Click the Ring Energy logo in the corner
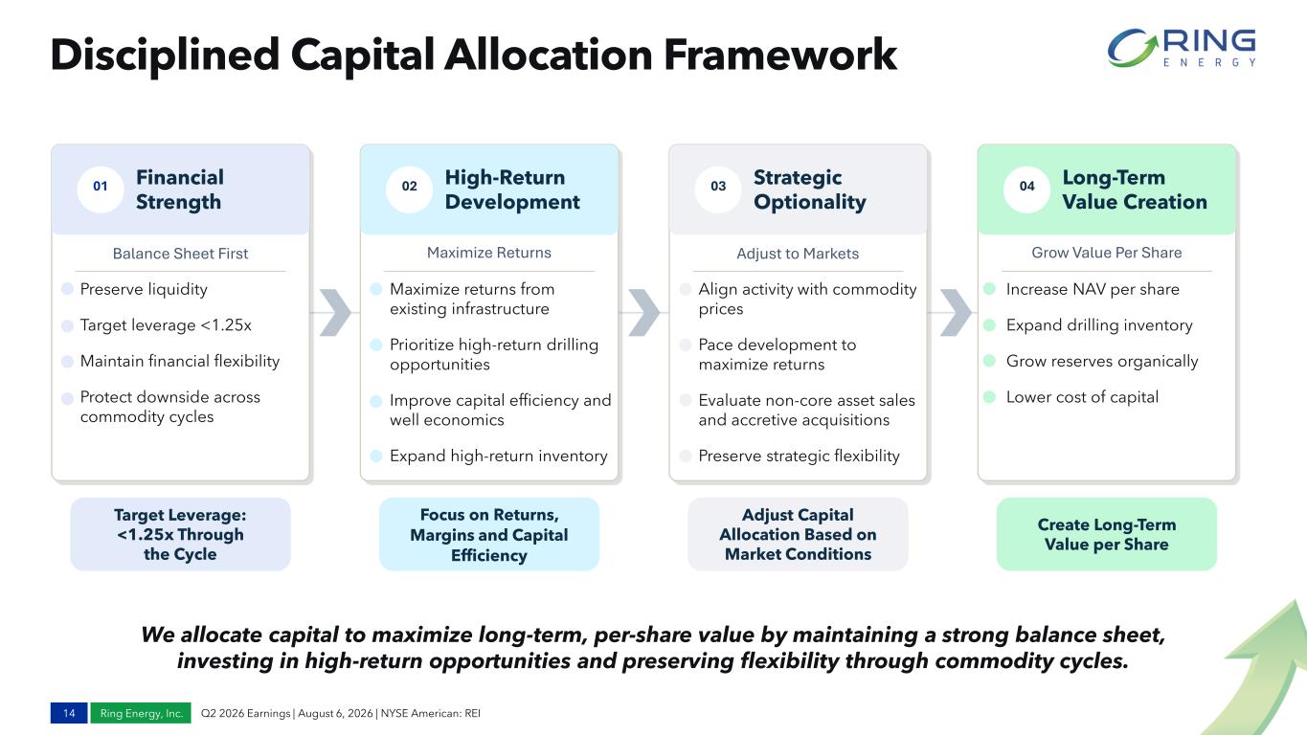[1182, 49]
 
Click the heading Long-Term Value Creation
[1135, 189]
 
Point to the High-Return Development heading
[512, 189]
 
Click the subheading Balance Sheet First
[180, 254]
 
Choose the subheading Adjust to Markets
[798, 254]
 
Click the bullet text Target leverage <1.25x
[166, 325]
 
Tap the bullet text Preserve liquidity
[144, 289]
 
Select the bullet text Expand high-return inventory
[498, 456]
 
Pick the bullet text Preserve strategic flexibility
[799, 456]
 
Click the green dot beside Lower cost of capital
[989, 397]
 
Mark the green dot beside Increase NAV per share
[989, 289]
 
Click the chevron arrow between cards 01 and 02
[335, 313]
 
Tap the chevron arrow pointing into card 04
[956, 313]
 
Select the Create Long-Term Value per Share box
[1106, 534]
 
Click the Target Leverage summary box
[180, 534]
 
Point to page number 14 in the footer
[69, 713]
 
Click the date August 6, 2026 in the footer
[335, 713]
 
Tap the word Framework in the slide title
[780, 55]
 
